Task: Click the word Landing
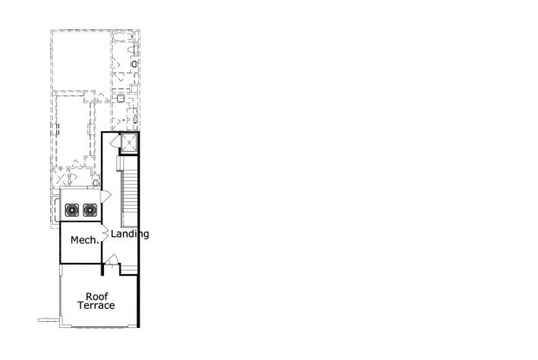129,234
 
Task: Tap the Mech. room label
84,240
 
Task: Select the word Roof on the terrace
97,296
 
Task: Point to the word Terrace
96,305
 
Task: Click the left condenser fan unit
72,210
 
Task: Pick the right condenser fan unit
90,210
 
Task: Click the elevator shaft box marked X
129,142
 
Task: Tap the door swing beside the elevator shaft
115,141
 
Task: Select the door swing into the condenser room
105,196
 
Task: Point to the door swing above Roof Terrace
112,259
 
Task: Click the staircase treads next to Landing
129,197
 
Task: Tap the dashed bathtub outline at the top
122,36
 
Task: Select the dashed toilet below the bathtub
134,49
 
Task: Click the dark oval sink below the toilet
134,64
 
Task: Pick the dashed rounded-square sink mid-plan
121,99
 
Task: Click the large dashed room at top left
82,61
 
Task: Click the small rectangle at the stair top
120,163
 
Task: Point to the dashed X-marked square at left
61,179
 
